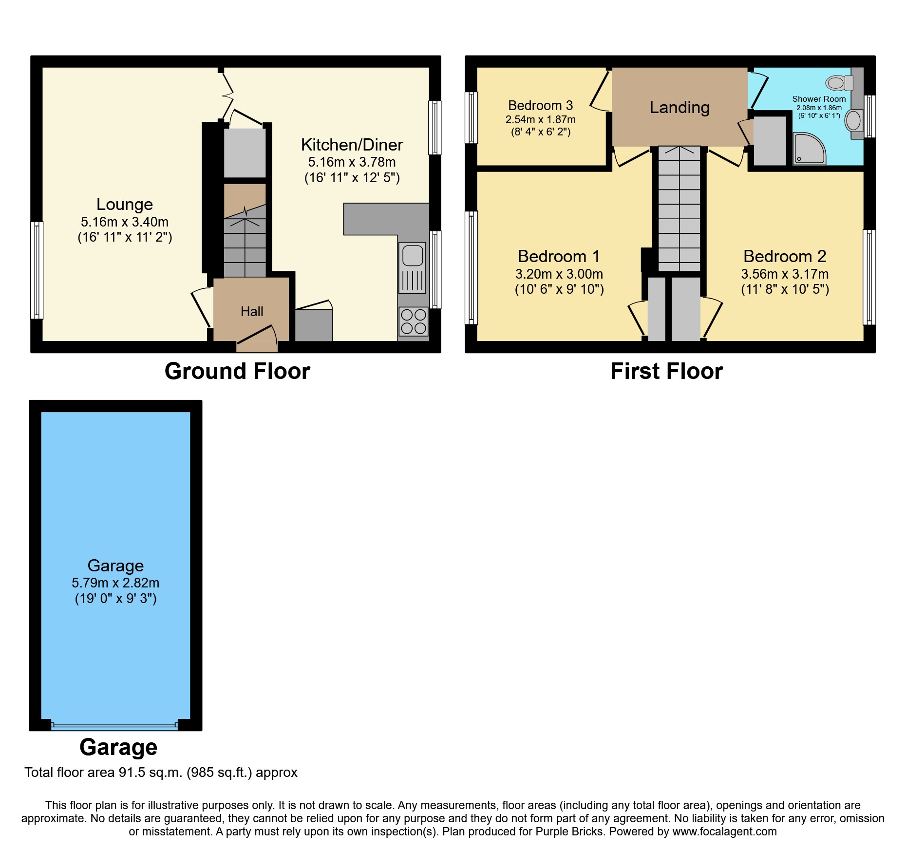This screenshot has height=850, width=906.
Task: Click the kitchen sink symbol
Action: pos(413,267)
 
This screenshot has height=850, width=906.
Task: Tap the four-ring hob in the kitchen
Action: pos(413,321)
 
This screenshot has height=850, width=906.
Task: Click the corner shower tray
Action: pos(809,149)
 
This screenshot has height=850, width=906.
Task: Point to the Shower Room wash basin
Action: pos(853,120)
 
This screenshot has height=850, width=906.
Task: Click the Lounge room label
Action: pos(125,204)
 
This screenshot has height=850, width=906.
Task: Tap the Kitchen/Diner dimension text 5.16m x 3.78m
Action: pos(352,162)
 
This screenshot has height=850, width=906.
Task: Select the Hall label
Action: pos(252,312)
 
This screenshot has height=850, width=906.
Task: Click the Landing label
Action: pos(679,107)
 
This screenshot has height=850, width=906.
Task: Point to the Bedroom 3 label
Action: pos(540,106)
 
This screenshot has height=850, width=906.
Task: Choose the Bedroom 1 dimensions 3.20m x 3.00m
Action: pos(559,274)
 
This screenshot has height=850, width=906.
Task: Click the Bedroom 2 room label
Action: pos(785,256)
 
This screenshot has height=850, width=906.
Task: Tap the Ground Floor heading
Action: pos(237,371)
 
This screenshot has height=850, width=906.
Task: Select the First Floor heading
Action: pos(666,371)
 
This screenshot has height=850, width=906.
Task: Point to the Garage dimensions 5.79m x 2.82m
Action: pos(115,583)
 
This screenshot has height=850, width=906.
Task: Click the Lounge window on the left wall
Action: pos(37,270)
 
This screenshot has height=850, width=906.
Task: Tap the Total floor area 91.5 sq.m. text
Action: pos(161,773)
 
